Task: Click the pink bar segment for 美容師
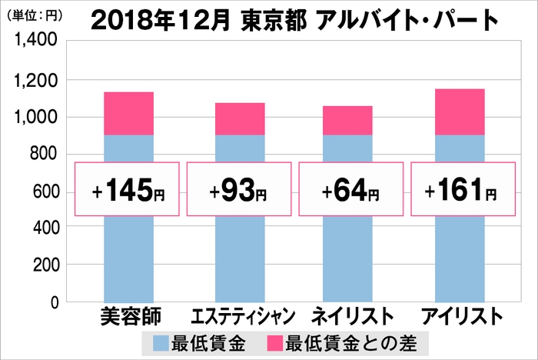click(x=128, y=113)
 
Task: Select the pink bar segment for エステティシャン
click(x=240, y=118)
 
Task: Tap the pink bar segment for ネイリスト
click(x=347, y=120)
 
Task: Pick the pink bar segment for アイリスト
click(x=459, y=112)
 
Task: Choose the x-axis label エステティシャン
click(x=239, y=316)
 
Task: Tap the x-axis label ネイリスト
click(x=348, y=316)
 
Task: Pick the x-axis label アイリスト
click(x=460, y=316)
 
